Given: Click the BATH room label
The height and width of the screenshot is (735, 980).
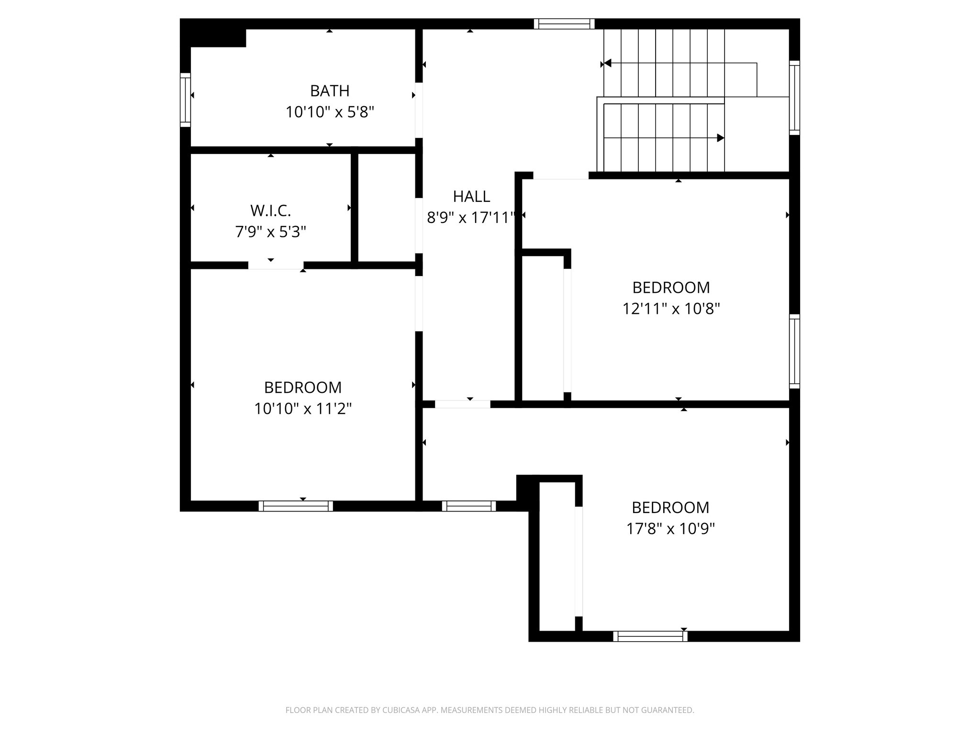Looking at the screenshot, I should click(330, 91).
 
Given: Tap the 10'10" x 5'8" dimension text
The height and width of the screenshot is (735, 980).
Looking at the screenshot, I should click(330, 112).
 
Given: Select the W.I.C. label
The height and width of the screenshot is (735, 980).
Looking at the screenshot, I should click(270, 211).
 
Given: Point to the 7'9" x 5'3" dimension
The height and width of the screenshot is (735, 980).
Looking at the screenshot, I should click(270, 232).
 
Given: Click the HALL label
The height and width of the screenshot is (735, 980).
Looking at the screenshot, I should click(471, 197).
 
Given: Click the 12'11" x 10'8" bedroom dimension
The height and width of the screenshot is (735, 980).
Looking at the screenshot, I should click(671, 309).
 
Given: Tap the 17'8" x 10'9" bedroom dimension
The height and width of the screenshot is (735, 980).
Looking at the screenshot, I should click(670, 529).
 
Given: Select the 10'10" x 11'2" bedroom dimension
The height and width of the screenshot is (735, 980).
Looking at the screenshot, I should click(303, 409).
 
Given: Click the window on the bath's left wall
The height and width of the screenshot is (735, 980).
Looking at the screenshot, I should click(185, 100).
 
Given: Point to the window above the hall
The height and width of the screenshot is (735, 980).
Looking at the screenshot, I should click(564, 24).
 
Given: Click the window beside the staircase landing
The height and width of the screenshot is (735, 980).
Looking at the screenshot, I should click(794, 98).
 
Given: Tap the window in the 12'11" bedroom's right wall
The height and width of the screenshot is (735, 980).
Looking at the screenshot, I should click(794, 351).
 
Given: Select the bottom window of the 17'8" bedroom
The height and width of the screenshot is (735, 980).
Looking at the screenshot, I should click(650, 636).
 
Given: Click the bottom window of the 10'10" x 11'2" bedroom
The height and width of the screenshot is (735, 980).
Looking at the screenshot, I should click(296, 506).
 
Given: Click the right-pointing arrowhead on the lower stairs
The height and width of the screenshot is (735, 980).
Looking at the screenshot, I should click(720, 138).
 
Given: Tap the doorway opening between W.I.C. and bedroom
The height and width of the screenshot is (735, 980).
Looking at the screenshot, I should click(276, 265).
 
